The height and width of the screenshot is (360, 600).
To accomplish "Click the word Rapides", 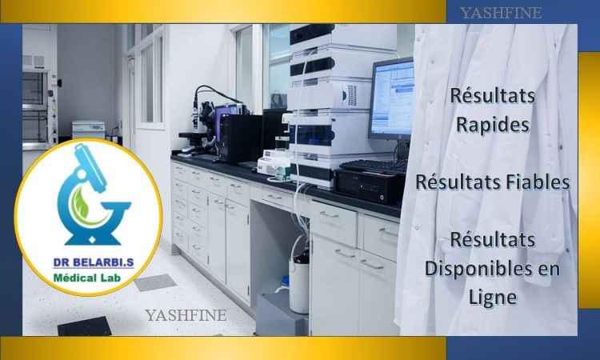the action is [493, 124].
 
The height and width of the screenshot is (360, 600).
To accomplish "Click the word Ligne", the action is [493, 298].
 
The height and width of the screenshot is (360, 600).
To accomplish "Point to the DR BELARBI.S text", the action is [94, 262].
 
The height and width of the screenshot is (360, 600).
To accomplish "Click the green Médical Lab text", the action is [87, 278].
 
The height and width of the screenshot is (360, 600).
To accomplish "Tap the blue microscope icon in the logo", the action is [93, 194].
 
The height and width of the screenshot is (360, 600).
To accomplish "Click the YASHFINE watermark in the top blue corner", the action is [501, 13].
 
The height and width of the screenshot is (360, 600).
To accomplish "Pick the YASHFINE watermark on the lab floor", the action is [186, 315].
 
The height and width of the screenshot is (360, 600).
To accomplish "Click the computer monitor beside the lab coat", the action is [391, 99].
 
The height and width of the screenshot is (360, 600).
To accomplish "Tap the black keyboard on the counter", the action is [374, 166].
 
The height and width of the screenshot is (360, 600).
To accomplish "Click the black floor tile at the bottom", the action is [85, 326].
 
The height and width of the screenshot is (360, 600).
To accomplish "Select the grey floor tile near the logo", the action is [155, 282].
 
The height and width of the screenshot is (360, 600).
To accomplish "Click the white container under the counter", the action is [299, 282].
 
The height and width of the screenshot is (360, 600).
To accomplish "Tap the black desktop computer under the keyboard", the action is [369, 186].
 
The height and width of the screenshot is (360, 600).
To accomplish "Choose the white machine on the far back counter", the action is [88, 130].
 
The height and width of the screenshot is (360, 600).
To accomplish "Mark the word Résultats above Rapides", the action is [493, 95].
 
